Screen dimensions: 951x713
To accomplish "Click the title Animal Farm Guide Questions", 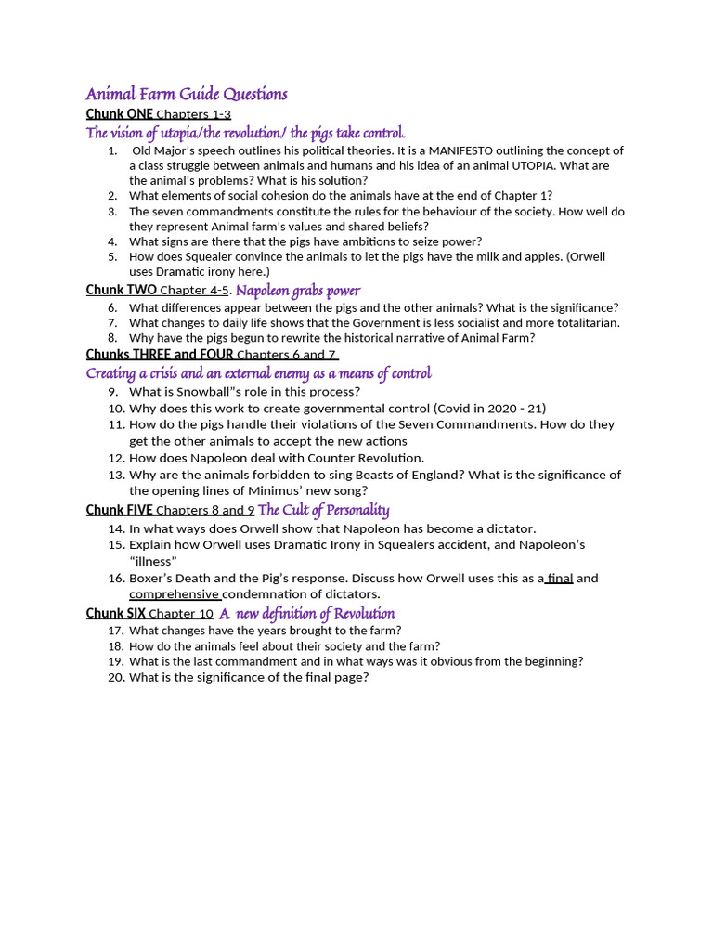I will [187, 94].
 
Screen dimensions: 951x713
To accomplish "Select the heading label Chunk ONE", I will [120, 114].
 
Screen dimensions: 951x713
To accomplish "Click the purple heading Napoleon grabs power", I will [298, 291].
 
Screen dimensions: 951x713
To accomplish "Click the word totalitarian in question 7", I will [585, 323].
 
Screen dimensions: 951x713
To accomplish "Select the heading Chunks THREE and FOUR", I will [160, 354].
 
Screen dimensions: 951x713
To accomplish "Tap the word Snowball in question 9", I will [201, 391].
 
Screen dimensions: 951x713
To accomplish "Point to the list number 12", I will [115, 458].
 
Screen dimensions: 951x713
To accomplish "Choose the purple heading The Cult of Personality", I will [323, 510].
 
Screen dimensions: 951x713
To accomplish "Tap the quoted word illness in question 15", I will [153, 561].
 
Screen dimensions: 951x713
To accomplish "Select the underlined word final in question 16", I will [560, 578].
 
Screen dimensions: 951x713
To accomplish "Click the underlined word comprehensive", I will [174, 594].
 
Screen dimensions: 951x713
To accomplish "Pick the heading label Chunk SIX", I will [116, 613].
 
